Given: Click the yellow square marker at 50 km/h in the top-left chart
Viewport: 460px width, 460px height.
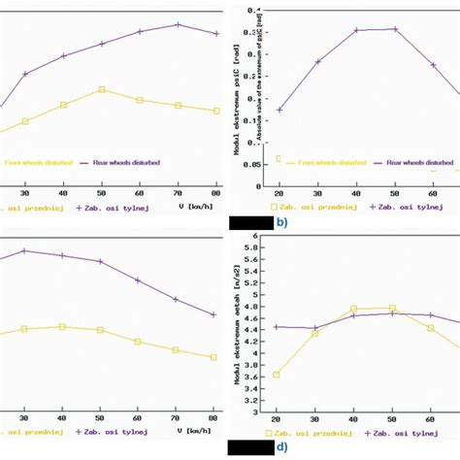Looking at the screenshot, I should pyautogui.click(x=102, y=89).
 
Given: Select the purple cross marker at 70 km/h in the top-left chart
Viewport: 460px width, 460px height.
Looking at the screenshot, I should pyautogui.click(x=179, y=24).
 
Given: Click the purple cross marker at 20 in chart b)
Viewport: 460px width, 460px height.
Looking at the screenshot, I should pyautogui.click(x=279, y=110).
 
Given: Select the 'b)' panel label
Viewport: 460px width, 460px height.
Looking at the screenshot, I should pyautogui.click(x=281, y=221).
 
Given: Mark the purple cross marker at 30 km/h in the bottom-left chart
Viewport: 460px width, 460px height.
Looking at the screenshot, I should pyautogui.click(x=25, y=250).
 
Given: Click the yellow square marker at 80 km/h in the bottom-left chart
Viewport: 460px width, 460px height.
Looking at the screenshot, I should pyautogui.click(x=214, y=357).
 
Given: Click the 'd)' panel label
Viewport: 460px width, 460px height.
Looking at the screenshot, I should pyautogui.click(x=281, y=447).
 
